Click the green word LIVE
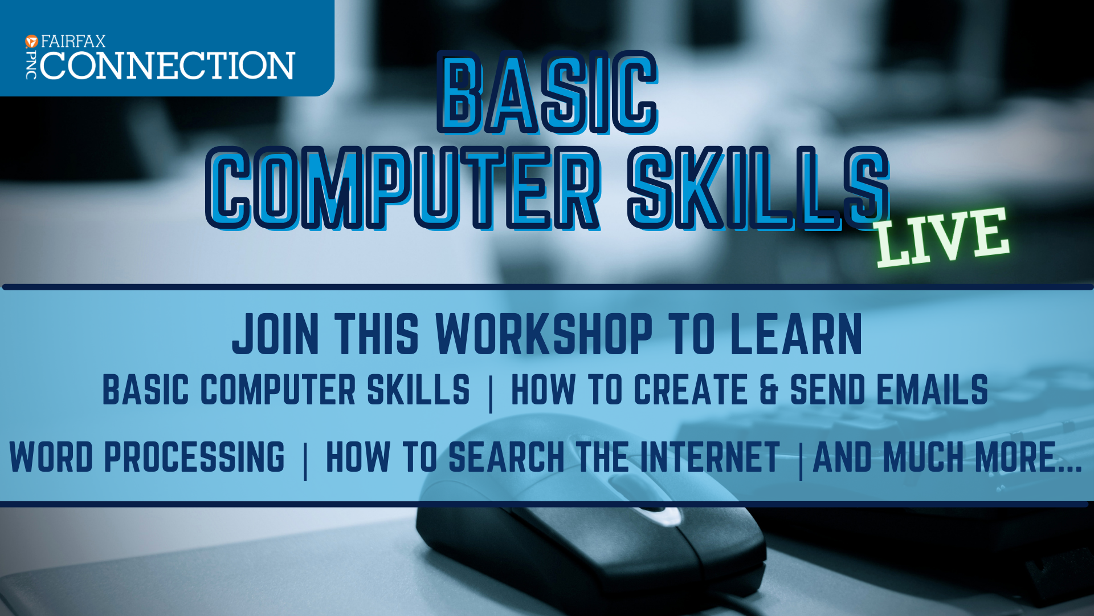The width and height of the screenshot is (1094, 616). (x=942, y=237)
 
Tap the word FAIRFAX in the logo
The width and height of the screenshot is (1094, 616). (x=74, y=41)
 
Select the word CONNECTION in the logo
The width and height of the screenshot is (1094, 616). (x=168, y=65)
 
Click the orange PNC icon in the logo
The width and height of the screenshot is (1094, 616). (x=32, y=41)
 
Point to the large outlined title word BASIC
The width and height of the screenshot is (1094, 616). (x=548, y=93)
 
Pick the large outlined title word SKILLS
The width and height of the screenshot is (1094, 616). (x=758, y=188)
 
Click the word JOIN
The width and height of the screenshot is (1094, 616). (x=276, y=334)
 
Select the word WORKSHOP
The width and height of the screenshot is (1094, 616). (x=544, y=334)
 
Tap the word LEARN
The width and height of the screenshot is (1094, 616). (x=796, y=334)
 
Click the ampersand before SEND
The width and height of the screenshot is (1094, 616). (x=769, y=390)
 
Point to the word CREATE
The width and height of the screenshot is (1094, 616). (x=691, y=390)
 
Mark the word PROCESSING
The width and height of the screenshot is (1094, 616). (x=194, y=457)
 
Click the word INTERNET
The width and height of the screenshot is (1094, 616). (x=710, y=457)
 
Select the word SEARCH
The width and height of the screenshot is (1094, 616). (x=507, y=457)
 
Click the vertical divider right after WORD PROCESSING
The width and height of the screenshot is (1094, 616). (x=306, y=461)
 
